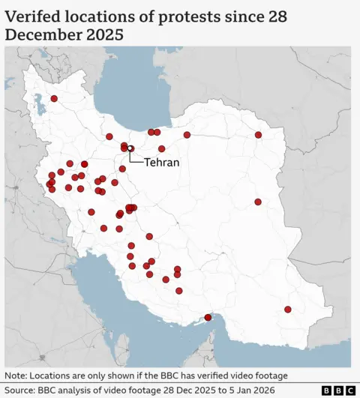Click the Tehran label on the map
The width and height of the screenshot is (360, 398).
[x=161, y=162]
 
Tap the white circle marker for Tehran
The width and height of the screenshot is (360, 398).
[x=130, y=148]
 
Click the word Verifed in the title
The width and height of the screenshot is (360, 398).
[x=37, y=15]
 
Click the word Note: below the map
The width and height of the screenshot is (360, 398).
[x=18, y=376]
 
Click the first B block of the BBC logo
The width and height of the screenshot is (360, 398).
[x=327, y=391]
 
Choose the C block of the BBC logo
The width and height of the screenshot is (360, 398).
[x=350, y=391]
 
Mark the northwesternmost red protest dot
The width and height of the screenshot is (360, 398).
[x=54, y=99]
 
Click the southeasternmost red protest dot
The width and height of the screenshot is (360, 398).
[x=288, y=310]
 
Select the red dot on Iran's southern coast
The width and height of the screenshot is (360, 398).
[x=208, y=318]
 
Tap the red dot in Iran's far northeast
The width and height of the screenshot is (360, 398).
[x=258, y=135]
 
